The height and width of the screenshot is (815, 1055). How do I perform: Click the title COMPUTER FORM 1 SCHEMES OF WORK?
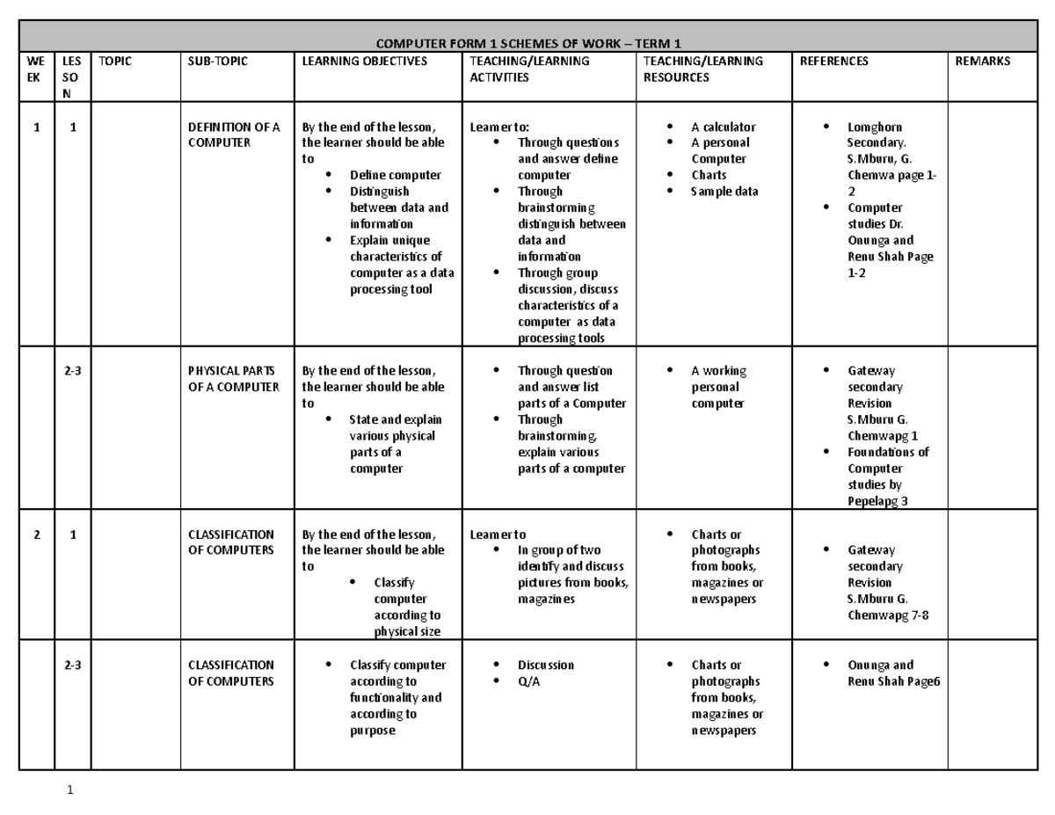pyautogui.click(x=528, y=44)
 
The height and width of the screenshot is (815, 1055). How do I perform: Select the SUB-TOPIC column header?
pyautogui.click(x=218, y=62)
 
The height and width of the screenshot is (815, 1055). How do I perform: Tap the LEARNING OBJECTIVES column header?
pyautogui.click(x=365, y=62)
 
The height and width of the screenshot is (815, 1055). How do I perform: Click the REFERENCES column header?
pyautogui.click(x=834, y=62)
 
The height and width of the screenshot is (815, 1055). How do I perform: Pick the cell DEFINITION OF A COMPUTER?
pyautogui.click(x=234, y=135)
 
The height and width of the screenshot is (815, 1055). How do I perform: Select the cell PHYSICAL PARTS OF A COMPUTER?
pyautogui.click(x=234, y=379)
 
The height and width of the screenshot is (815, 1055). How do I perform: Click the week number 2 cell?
pyautogui.click(x=36, y=535)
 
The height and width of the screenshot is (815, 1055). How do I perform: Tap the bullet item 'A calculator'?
pyautogui.click(x=723, y=127)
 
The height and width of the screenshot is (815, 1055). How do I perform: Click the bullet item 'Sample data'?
pyautogui.click(x=724, y=192)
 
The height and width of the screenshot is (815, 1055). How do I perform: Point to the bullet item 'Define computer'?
pyautogui.click(x=395, y=175)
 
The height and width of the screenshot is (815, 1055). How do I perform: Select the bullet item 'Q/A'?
pyautogui.click(x=529, y=681)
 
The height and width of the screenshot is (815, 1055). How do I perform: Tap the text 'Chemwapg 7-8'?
pyautogui.click(x=887, y=615)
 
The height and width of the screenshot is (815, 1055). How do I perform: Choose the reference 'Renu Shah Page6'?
pyautogui.click(x=893, y=681)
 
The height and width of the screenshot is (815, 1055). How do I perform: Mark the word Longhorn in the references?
pyautogui.click(x=874, y=127)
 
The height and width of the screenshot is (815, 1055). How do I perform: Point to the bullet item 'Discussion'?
pyautogui.click(x=545, y=666)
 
